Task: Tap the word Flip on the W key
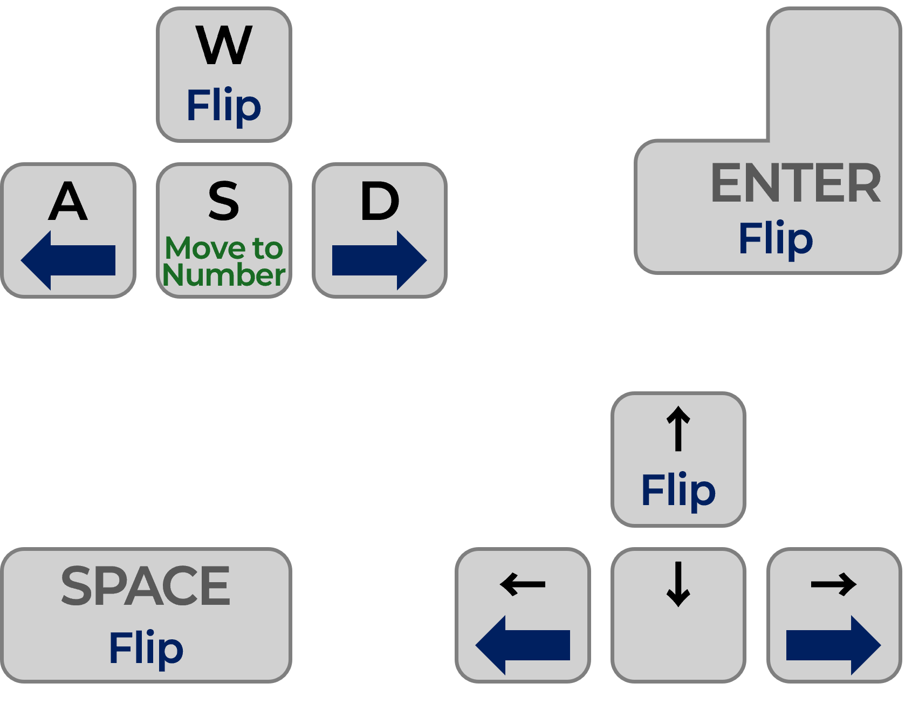[224, 106]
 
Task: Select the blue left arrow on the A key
[68, 260]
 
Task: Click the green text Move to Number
[224, 261]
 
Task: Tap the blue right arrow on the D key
[379, 260]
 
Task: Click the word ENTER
[796, 183]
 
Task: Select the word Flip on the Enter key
[776, 238]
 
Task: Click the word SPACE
[146, 586]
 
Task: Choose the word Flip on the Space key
[146, 648]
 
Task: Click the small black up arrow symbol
[678, 429]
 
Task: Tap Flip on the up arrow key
[678, 490]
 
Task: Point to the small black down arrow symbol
[678, 584]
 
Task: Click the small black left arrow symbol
[523, 584]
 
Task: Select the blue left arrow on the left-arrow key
[523, 645]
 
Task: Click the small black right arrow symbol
[834, 584]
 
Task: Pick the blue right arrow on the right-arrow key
[833, 645]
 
